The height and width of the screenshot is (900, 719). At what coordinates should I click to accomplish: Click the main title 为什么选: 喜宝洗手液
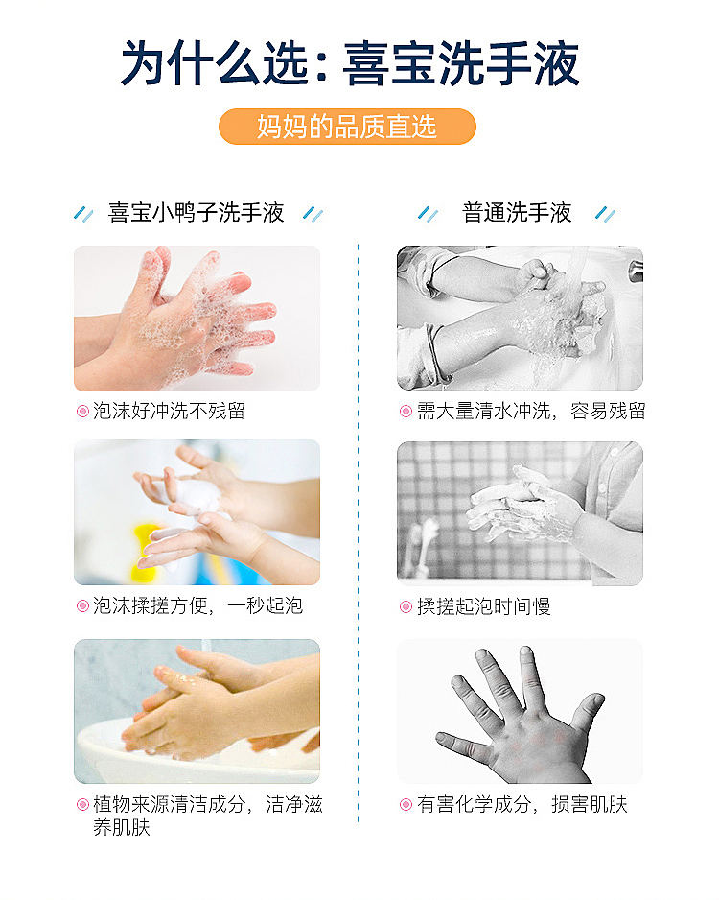[350, 63]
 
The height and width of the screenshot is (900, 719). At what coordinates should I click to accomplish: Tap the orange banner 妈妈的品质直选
[347, 127]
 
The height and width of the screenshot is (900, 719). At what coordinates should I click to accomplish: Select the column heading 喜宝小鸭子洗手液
[197, 212]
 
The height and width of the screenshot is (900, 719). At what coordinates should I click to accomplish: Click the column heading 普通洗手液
[517, 212]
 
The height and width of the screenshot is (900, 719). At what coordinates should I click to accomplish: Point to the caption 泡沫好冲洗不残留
[169, 411]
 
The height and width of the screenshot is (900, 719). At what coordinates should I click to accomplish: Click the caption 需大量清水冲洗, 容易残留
[531, 411]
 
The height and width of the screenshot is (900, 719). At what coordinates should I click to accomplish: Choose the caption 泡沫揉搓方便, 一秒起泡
[197, 605]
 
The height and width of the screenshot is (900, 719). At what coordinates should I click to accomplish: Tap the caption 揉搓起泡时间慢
[483, 606]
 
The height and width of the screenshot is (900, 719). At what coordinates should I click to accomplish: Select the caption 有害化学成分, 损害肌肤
[522, 804]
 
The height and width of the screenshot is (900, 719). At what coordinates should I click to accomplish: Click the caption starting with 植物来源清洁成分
[208, 816]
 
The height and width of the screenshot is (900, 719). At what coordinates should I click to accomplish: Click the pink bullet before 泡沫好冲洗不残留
[82, 411]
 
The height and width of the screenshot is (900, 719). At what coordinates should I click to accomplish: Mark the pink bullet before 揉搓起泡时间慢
[406, 606]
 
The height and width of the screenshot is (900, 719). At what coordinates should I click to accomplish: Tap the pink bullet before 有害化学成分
[406, 805]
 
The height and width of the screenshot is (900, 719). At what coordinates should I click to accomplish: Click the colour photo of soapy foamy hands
[197, 319]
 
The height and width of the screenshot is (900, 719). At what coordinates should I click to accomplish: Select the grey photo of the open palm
[520, 711]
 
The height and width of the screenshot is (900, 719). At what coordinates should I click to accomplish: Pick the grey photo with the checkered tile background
[520, 513]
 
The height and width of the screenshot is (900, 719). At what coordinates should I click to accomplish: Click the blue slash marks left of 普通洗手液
[428, 214]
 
